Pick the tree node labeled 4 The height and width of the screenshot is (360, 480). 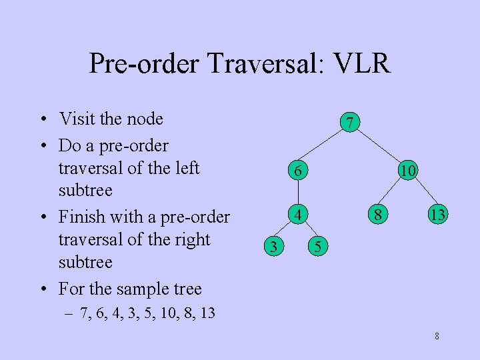coord(299,215)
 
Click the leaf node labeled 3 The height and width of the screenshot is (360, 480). coord(272,247)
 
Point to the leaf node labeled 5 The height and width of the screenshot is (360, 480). coord(319,247)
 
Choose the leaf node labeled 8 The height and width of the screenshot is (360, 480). coord(378,215)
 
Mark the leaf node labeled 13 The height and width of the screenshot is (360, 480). coord(438,215)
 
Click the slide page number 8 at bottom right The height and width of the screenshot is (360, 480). coord(437,336)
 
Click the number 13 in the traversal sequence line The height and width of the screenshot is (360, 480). coord(207,313)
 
